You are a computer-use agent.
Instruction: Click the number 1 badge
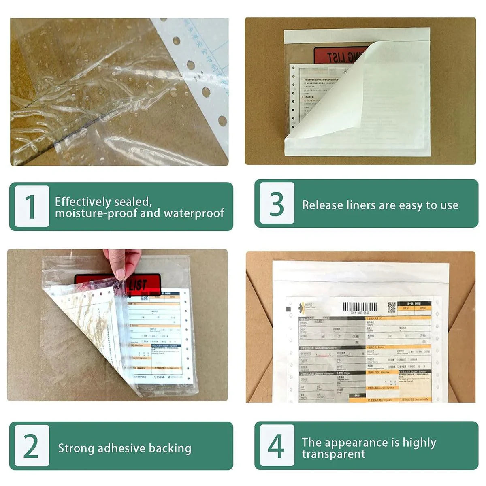coord(32,206)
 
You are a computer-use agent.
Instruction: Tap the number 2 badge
coord(32,446)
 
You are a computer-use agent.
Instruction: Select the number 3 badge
coord(277,203)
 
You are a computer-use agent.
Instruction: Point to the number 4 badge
coord(277,446)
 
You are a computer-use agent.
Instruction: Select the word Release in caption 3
coord(322,205)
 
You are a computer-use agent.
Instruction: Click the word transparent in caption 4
coord(333,454)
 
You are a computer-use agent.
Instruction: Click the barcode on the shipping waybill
coord(359,307)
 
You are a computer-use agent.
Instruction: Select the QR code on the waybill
coord(391,307)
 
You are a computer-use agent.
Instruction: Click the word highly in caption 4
coord(418,443)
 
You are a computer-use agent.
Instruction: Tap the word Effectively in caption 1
coord(83,201)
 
